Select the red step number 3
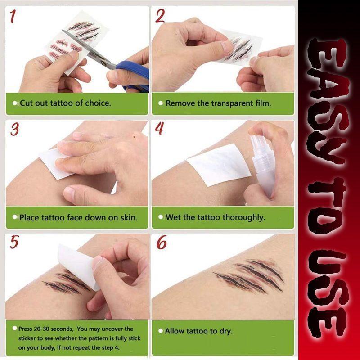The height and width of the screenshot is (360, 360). [15, 130]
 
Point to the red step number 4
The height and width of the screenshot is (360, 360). [159, 129]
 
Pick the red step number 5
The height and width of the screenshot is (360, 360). [15, 242]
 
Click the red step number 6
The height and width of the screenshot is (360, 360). [161, 243]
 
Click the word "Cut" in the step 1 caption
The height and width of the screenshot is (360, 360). [26, 103]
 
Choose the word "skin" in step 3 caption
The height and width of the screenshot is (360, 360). [128, 217]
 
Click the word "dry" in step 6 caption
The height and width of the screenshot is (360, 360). [226, 331]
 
